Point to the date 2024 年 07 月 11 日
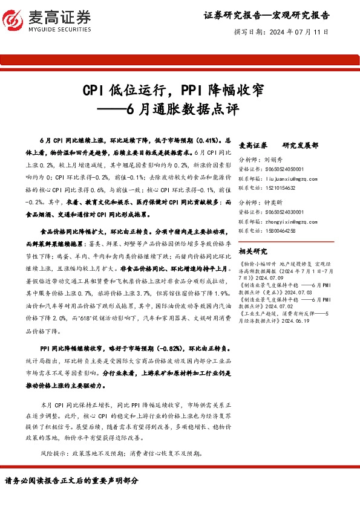pyautogui.click(x=298, y=31)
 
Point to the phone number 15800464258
pyautogui.click(x=280, y=230)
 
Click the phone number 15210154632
pyautogui.click(x=280, y=189)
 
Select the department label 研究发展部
pyautogui.click(x=300, y=146)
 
